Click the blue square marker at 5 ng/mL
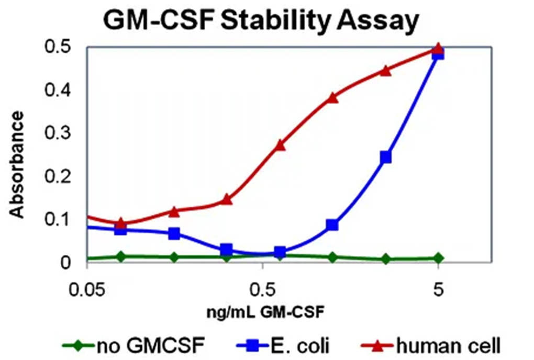[x=438, y=54]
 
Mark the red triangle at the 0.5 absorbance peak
[x=438, y=49]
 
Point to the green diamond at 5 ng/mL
[x=438, y=258]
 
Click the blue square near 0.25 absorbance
[x=386, y=157]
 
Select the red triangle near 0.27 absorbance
[x=280, y=145]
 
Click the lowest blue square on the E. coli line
[x=280, y=253]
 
